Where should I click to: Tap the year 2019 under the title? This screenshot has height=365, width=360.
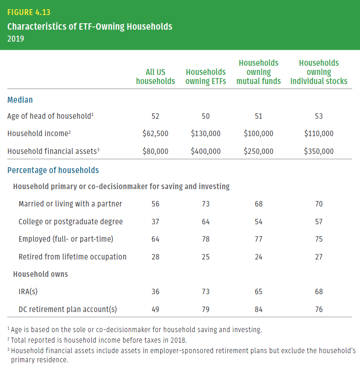[x=16, y=39]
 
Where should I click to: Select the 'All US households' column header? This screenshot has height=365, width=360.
[x=156, y=76]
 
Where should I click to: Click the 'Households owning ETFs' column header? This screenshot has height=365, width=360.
[x=206, y=76]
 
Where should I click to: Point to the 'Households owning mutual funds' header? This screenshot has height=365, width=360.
[x=259, y=72]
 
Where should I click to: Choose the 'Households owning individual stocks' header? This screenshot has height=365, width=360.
[x=319, y=72]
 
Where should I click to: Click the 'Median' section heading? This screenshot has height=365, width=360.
[x=20, y=100]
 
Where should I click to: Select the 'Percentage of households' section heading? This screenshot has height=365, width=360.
[x=53, y=170]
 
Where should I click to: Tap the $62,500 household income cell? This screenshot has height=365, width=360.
[x=156, y=134]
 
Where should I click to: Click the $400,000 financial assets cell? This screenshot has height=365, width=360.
[x=206, y=151]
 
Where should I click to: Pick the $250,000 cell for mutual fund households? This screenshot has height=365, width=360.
[x=259, y=151]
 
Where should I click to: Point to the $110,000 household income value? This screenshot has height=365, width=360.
[x=319, y=134]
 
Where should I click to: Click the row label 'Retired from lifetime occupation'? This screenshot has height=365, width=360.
[x=73, y=257]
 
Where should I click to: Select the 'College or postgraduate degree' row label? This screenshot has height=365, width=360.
[x=71, y=222]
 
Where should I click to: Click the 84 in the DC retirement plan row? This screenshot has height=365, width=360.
[x=259, y=309]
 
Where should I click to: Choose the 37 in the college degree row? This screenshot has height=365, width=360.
[x=156, y=222]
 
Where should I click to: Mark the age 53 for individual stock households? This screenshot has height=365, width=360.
[x=319, y=116]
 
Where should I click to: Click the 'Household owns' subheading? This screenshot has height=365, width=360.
[x=41, y=274]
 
